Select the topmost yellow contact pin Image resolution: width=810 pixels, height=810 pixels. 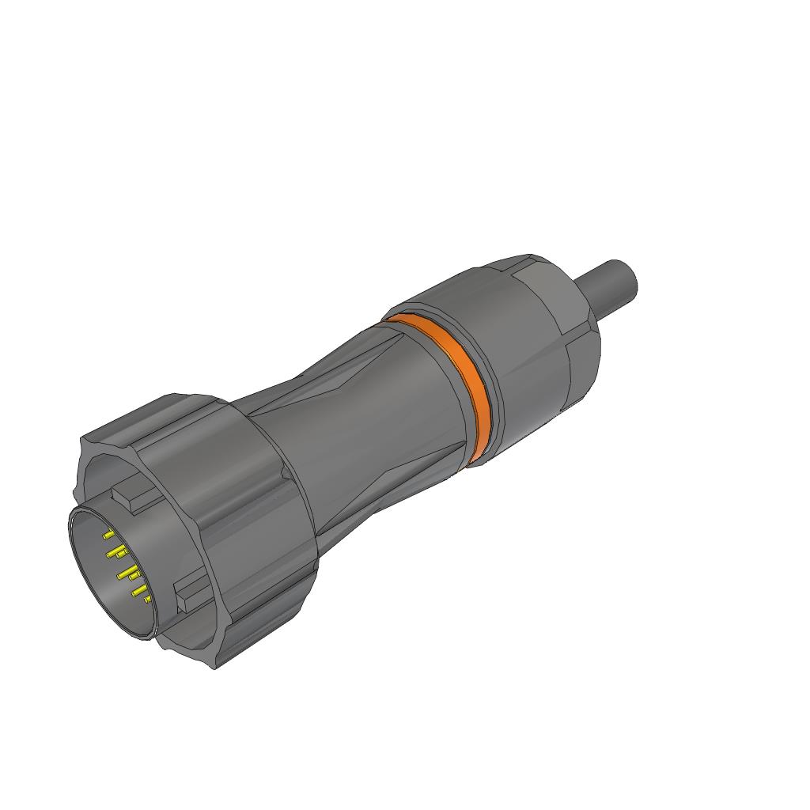tap(108, 536)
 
